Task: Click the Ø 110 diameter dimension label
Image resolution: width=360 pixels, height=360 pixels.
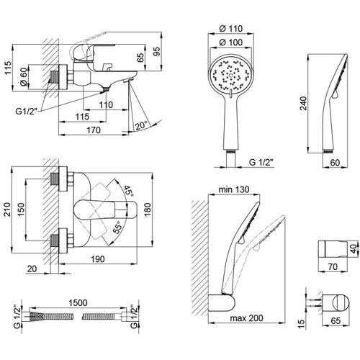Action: point(231,29)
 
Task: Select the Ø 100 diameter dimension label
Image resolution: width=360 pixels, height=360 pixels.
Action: point(231,42)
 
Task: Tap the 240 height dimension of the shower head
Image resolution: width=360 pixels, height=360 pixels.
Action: point(303,103)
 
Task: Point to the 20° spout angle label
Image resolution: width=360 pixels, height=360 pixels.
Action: point(141,125)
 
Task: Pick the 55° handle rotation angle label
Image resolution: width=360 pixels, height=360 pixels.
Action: point(118,228)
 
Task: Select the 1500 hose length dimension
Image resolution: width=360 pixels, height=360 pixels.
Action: point(78,303)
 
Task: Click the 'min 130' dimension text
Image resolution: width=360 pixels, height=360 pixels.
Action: point(234,189)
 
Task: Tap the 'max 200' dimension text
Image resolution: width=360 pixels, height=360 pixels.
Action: point(247,318)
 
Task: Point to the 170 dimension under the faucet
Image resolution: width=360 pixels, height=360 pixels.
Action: point(94,130)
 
